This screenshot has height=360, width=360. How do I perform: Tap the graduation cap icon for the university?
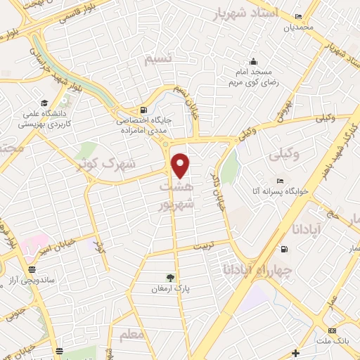coord(44,101)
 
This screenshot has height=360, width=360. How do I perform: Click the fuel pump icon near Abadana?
coord(284,248)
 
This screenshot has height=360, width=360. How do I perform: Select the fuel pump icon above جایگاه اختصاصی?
coord(144,110)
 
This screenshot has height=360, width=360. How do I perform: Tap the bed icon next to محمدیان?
coord(298,17)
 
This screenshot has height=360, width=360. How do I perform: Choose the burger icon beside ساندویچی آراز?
coord(32,269)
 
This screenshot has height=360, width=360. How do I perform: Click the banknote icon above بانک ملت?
coord(332,329)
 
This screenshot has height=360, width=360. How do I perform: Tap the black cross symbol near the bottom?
coord(296,352)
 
